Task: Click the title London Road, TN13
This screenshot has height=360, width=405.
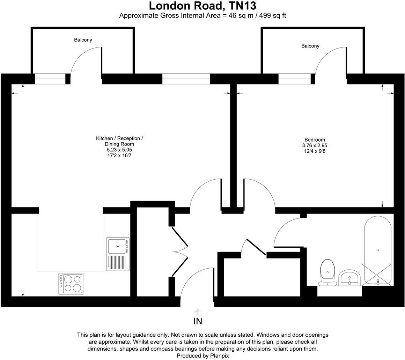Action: point(202,6)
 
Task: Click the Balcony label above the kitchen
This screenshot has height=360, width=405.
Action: point(83,40)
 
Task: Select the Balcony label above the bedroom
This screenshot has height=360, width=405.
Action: point(310,46)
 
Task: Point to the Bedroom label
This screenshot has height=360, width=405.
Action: point(315,140)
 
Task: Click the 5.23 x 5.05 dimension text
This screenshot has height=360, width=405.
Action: point(119,150)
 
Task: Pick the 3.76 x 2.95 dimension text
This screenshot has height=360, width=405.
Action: point(315,145)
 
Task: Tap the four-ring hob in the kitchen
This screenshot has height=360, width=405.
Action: point(71,283)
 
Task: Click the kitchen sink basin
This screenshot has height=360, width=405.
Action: point(117,246)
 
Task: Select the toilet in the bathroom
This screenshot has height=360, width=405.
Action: point(327,272)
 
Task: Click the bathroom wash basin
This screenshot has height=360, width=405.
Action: point(349,278)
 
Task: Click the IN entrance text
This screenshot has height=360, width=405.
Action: point(198,321)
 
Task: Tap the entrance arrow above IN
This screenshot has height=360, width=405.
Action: point(198,312)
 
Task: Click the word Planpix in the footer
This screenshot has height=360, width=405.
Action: point(219,356)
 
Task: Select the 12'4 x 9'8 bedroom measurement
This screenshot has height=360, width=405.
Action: point(315,151)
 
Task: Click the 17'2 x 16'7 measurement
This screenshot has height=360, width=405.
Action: point(119,155)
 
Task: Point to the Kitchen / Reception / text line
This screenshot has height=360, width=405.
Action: point(119,138)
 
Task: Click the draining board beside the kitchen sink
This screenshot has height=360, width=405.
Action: point(117,262)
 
